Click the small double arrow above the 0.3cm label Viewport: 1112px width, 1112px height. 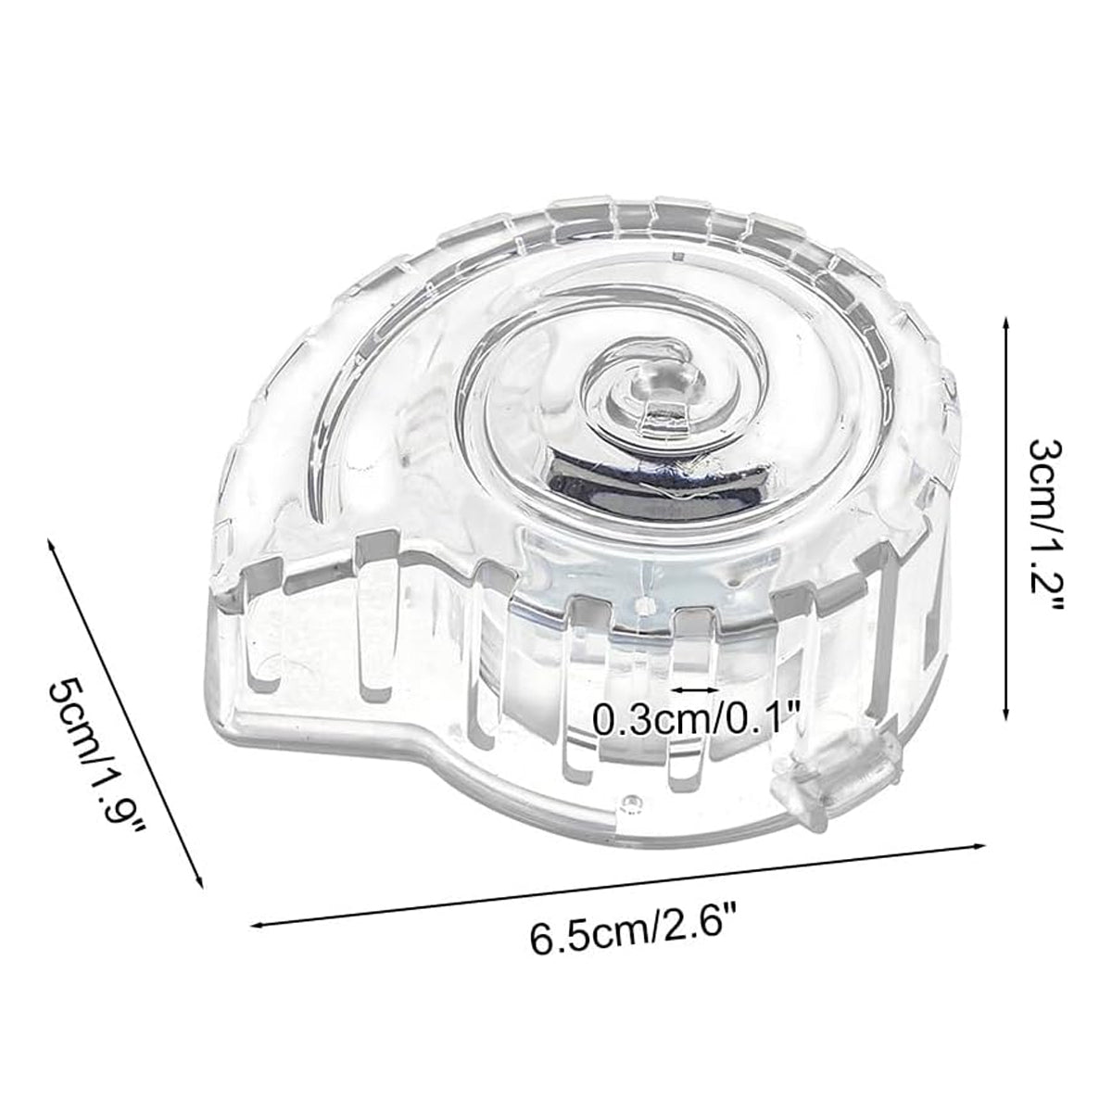[x=693, y=689]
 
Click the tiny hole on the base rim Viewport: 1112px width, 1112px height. [x=634, y=799]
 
